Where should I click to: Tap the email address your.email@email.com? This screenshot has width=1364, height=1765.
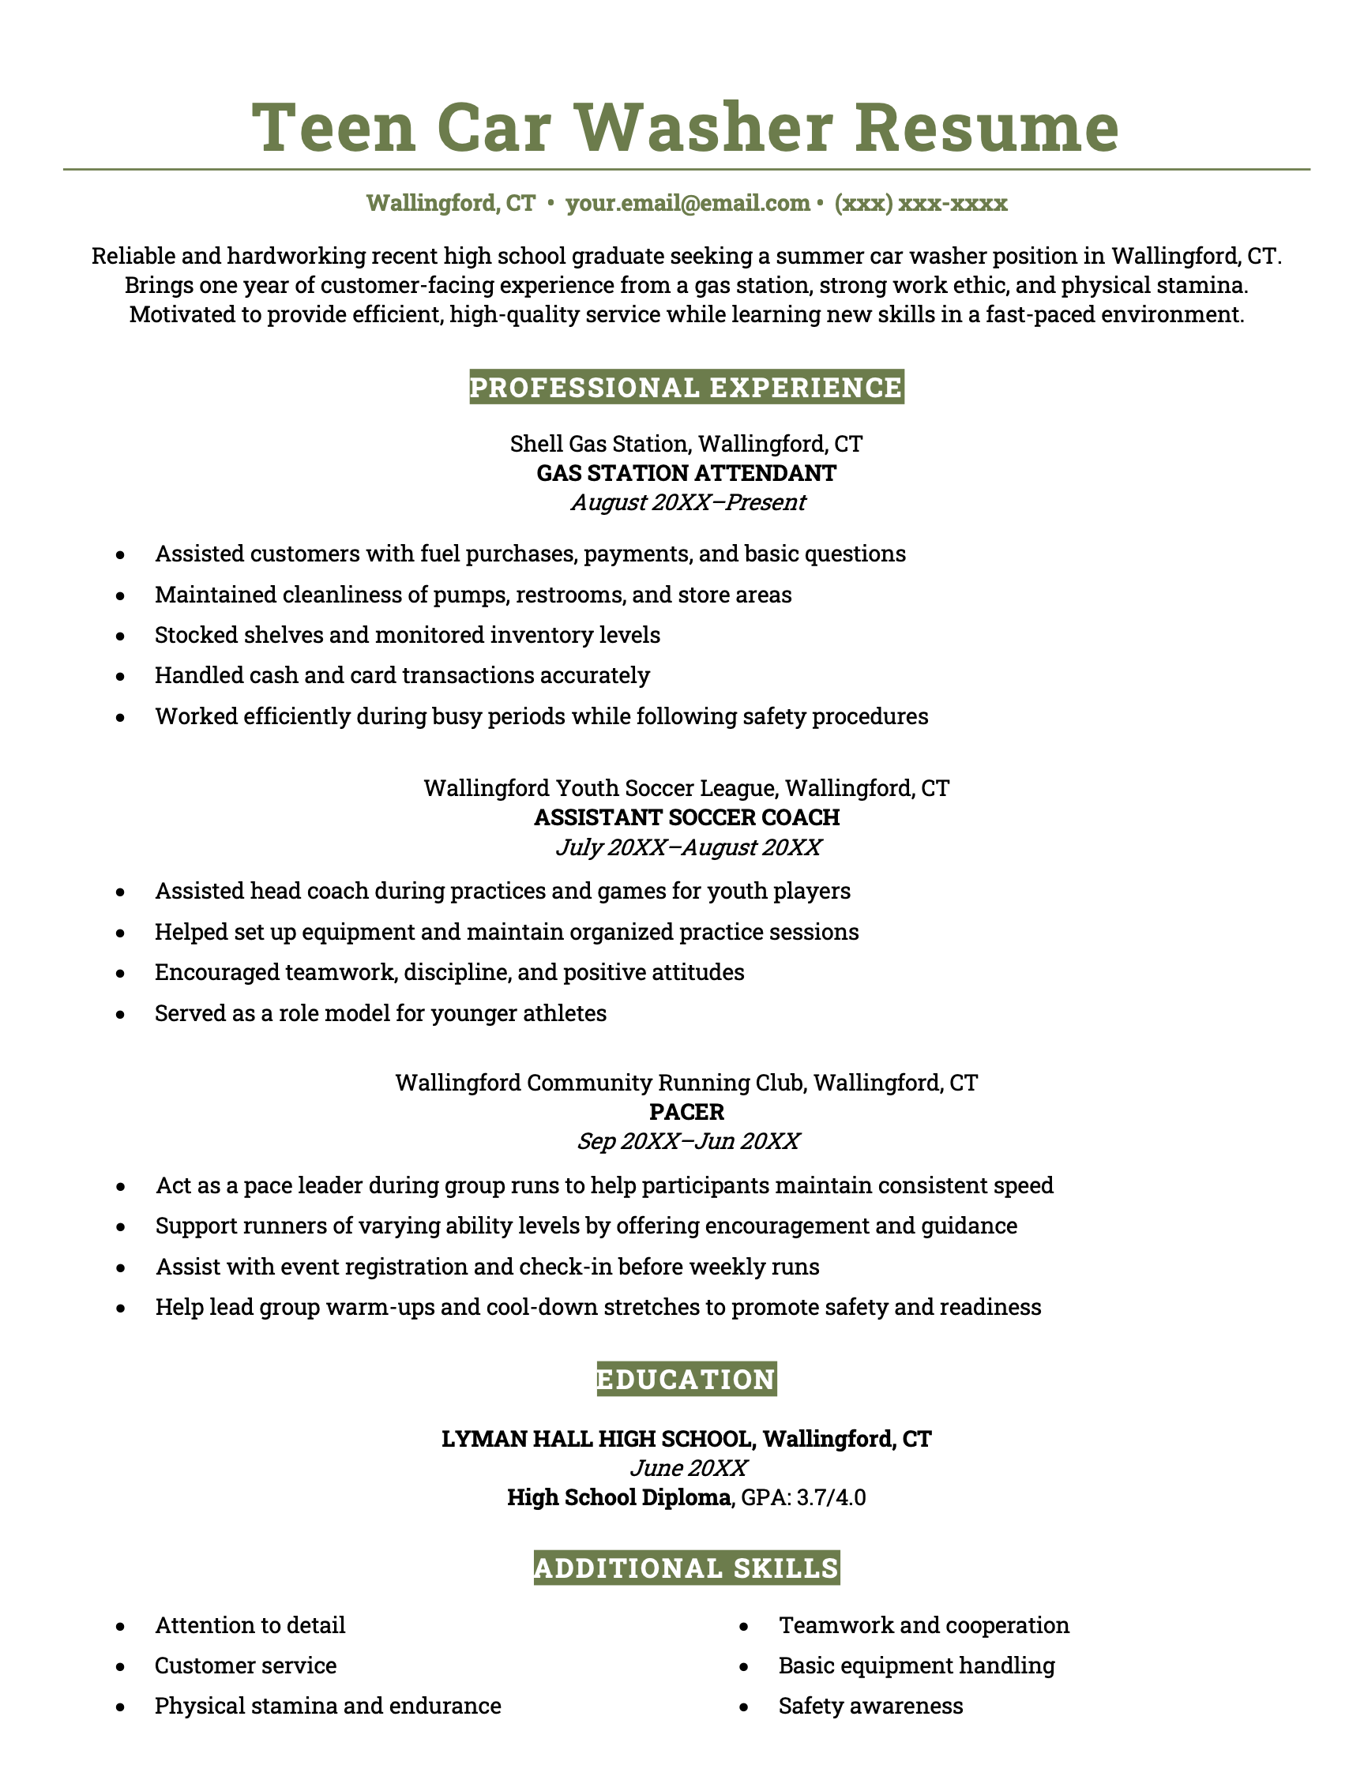pos(688,203)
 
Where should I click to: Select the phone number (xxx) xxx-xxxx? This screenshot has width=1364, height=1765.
pos(920,203)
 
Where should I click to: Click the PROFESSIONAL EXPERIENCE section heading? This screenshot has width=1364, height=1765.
pos(686,387)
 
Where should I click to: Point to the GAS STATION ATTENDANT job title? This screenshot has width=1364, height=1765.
pos(686,473)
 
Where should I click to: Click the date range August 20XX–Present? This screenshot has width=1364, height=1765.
pos(688,503)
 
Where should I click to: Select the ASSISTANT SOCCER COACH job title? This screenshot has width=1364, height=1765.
pos(686,817)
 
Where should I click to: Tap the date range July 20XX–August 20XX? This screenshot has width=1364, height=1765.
pos(688,847)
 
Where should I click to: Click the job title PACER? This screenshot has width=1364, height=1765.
pos(686,1111)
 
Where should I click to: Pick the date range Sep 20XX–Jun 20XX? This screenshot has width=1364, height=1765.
pos(688,1141)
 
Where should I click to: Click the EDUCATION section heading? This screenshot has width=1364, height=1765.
pos(686,1379)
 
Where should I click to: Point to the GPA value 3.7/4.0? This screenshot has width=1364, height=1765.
pos(831,1497)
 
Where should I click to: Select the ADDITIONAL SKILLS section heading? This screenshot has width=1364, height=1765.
pos(686,1568)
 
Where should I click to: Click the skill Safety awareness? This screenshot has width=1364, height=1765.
pos(870,1705)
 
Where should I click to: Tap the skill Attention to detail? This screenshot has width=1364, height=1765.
pos(250,1625)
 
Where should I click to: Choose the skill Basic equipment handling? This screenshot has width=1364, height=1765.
pos(916,1665)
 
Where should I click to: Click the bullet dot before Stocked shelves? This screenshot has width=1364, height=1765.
pos(120,636)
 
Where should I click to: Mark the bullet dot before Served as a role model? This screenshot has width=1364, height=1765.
pos(120,1014)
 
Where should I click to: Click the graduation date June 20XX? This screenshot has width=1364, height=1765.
pos(688,1467)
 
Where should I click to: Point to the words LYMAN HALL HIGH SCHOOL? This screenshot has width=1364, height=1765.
pos(598,1439)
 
